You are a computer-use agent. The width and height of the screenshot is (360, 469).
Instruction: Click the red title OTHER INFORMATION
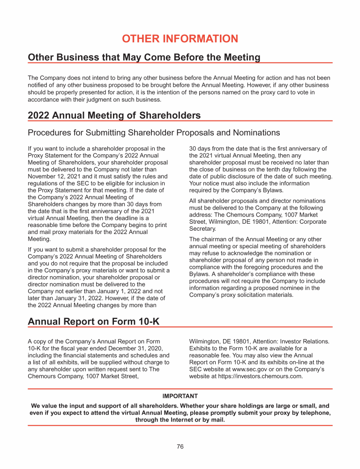click(180, 39)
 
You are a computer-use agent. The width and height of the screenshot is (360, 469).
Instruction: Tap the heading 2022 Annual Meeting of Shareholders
click(114, 115)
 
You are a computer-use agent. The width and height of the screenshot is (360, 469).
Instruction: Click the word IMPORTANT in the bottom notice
click(180, 396)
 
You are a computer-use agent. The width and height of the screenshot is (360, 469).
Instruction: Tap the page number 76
click(180, 446)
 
